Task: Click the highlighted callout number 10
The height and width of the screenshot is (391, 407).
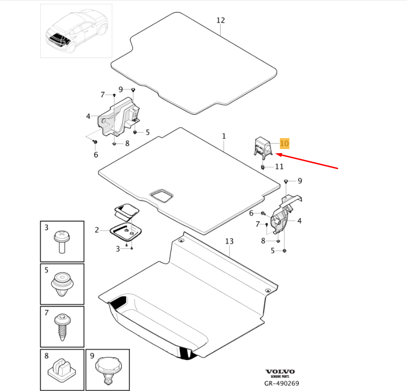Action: point(284,144)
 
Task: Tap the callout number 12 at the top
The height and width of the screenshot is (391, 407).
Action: point(221,21)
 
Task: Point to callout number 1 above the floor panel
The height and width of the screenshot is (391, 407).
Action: point(224,136)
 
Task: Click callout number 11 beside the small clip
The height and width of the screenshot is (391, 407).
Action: point(279,167)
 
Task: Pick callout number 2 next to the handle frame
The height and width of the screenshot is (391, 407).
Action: point(97,230)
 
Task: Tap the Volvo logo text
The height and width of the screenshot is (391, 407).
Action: point(280,372)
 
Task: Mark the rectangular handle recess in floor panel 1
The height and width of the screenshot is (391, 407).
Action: point(161,195)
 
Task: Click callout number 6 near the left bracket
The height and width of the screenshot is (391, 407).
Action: point(96,154)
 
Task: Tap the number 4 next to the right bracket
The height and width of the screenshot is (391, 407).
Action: point(299,221)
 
